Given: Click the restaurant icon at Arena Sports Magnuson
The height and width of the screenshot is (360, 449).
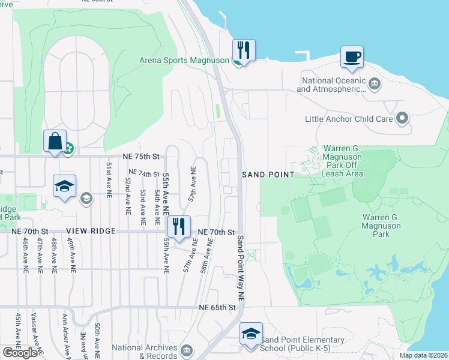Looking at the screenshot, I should point(243,49).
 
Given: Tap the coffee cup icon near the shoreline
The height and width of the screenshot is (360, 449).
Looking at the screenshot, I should point(352,56).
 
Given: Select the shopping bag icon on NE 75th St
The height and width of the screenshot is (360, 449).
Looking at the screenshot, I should point(54,142).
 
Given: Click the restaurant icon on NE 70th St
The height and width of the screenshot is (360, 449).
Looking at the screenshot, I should point(178,226).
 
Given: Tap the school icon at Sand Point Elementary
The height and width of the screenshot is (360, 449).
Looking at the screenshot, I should point(251,334).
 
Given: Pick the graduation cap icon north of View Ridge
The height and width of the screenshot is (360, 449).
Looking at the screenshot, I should point(64,185).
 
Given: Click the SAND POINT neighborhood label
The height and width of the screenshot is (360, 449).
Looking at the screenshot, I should point(268,175).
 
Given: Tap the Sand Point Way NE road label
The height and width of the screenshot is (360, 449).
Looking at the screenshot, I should point(240,268).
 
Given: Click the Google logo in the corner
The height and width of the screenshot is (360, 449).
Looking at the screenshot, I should point(20,353).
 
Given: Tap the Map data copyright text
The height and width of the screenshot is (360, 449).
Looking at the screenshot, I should point(424,355).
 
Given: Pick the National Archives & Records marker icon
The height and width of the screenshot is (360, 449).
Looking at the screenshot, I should point(187,350).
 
